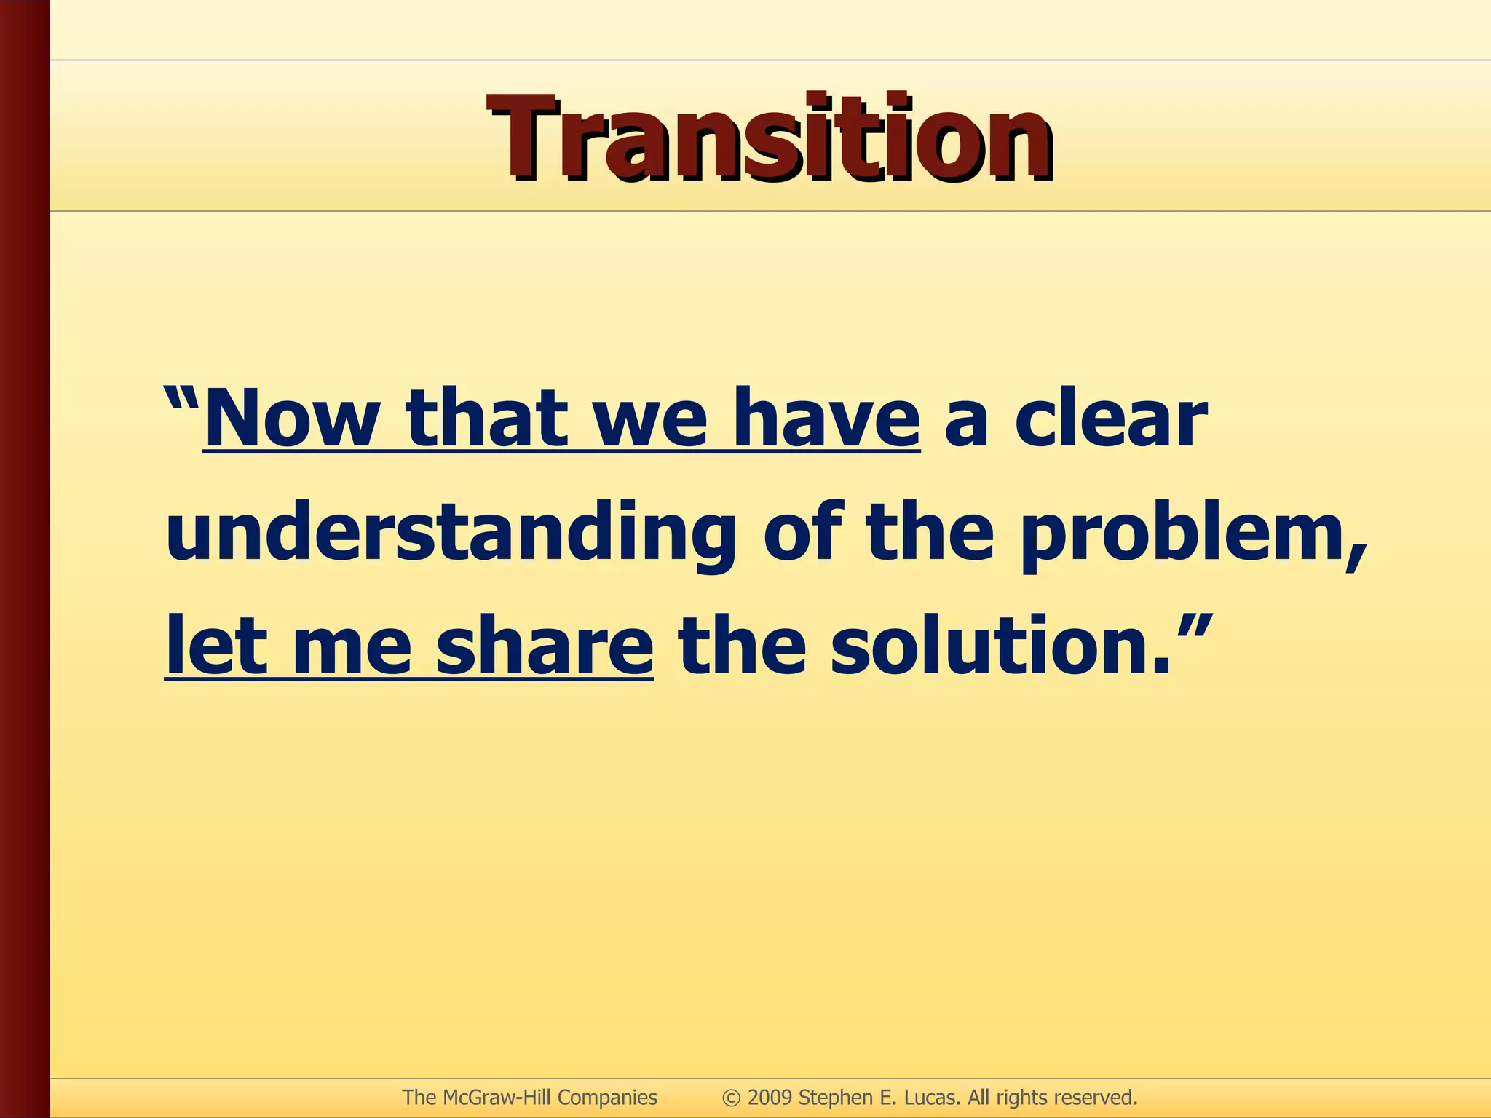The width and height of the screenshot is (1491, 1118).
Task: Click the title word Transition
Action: tap(770, 138)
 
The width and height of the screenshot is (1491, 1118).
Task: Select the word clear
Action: tap(1111, 420)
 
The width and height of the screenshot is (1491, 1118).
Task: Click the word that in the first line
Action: tap(486, 420)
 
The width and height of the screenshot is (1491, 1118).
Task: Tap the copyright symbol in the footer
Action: tap(731, 1098)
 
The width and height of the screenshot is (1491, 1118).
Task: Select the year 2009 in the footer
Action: tap(770, 1098)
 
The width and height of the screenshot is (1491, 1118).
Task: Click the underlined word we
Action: tap(650, 420)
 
